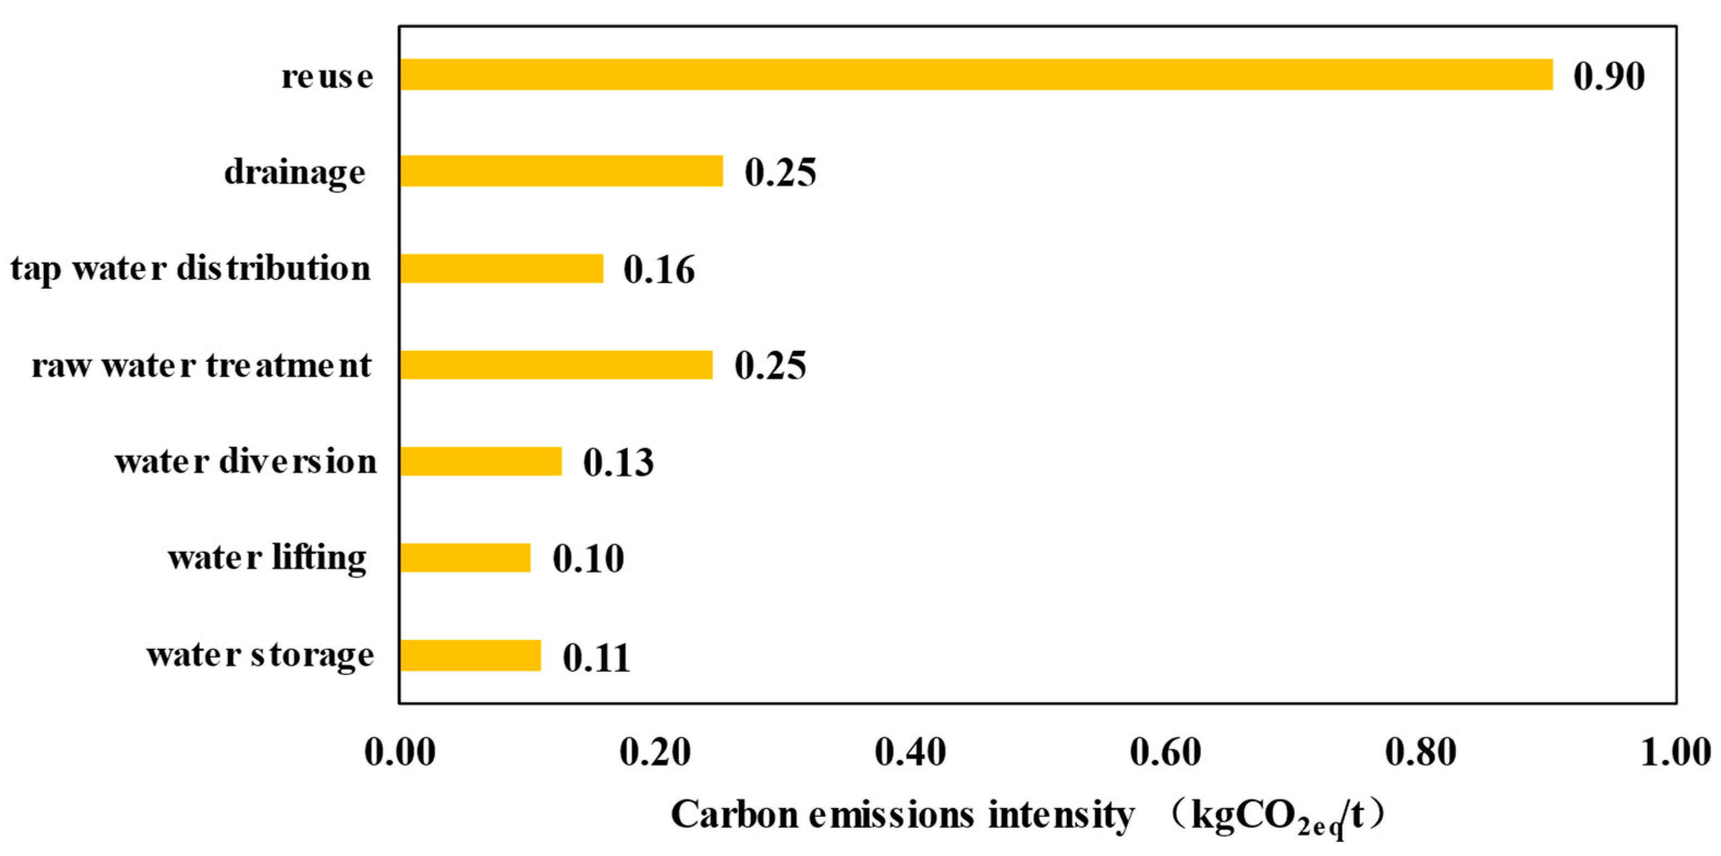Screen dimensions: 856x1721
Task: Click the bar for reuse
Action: click(975, 74)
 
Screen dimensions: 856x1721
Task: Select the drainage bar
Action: click(561, 171)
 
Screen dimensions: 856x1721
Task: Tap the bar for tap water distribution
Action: click(501, 268)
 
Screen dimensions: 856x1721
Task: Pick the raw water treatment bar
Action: click(556, 365)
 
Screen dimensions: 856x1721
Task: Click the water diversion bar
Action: click(481, 461)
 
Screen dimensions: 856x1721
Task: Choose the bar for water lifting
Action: click(465, 557)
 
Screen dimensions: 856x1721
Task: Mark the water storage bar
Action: click(471, 655)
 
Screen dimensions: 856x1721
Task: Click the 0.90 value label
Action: click(1609, 76)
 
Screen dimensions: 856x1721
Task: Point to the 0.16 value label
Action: click(660, 270)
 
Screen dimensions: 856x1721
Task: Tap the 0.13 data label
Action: click(619, 463)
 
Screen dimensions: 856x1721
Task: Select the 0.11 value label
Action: click(596, 658)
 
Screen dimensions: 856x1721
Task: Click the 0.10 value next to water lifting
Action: click(588, 558)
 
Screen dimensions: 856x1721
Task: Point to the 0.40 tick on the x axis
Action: click(910, 753)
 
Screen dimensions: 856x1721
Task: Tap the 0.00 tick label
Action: click(400, 753)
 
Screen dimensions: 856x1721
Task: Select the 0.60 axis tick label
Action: click(1165, 753)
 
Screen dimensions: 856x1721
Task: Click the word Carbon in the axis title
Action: click(735, 815)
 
